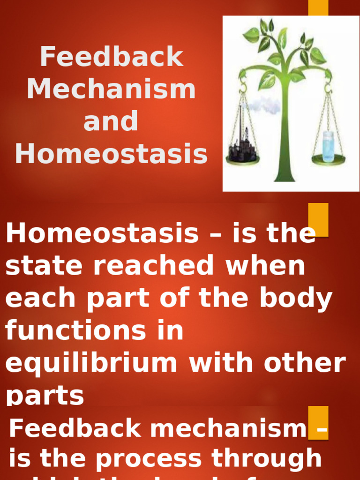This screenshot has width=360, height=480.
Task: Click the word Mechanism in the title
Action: click(x=111, y=89)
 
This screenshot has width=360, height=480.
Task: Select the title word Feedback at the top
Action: click(x=111, y=57)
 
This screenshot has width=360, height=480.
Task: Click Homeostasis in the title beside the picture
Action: click(x=111, y=154)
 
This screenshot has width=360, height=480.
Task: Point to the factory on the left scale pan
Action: click(x=242, y=149)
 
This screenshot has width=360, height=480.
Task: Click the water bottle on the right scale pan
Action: click(x=328, y=147)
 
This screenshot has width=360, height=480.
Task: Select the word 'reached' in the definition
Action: click(x=158, y=266)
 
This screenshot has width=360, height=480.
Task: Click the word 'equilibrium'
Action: click(x=91, y=363)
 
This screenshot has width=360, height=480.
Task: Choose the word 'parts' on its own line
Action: click(x=45, y=396)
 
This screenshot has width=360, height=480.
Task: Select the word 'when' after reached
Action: click(x=266, y=266)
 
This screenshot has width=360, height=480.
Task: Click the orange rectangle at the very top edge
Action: click(x=318, y=7)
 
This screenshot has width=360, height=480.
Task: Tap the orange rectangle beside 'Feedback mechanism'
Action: click(x=318, y=422)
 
